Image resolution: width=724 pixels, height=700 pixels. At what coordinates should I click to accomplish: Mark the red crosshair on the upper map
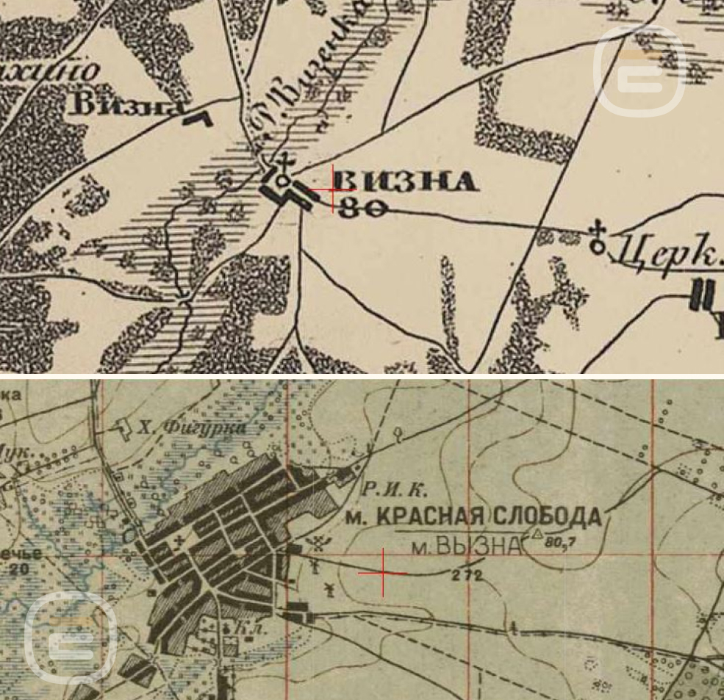click(x=333, y=190)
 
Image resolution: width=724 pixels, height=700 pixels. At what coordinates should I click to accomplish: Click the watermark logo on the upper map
click(x=639, y=71)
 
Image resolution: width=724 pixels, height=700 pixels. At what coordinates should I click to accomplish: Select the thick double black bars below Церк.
click(x=702, y=295)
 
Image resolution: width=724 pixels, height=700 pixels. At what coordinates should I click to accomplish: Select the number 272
click(x=467, y=577)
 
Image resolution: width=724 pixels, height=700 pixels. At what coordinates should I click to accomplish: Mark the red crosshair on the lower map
click(x=383, y=572)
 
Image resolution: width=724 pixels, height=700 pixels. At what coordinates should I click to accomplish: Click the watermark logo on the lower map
click(x=71, y=637)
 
